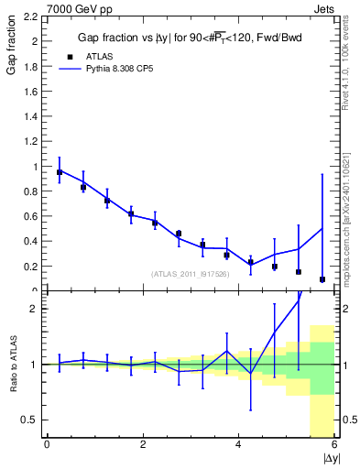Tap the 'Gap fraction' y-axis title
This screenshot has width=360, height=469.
point(12,47)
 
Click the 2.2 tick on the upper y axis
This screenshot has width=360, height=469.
point(31,16)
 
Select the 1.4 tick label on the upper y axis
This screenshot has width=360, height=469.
point(31,116)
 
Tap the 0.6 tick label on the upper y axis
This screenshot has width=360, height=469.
point(31,216)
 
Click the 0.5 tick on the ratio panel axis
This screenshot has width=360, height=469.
point(31,420)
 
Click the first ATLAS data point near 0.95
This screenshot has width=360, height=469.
point(60,172)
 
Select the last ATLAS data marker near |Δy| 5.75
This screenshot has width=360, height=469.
point(322,279)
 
